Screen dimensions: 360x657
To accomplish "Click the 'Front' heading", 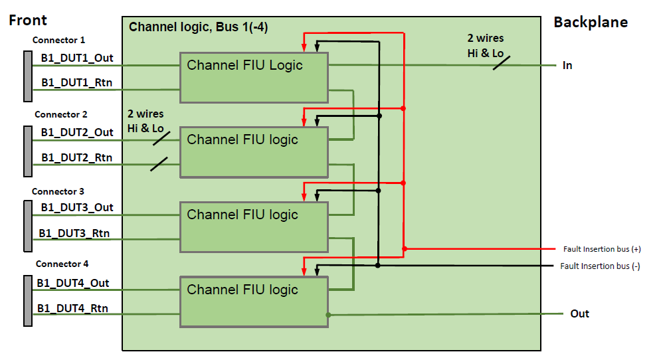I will [x=28, y=21].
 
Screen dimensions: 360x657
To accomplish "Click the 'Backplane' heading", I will [x=590, y=23].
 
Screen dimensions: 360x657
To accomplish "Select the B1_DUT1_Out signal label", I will [x=77, y=58].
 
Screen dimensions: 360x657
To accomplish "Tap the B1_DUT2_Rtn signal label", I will [x=76, y=157].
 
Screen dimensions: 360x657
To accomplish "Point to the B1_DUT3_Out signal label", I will [x=76, y=207].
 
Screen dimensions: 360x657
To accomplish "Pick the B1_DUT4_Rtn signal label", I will [x=72, y=308].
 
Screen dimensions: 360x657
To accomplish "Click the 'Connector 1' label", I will [x=59, y=41].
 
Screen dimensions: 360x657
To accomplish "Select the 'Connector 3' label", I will [x=58, y=191].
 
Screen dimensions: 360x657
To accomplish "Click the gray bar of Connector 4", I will [x=28, y=301].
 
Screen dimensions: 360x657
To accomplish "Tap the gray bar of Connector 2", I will [x=28, y=150].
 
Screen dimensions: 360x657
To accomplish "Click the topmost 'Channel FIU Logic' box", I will [x=254, y=78].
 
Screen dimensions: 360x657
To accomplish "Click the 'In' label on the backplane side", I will [x=567, y=65].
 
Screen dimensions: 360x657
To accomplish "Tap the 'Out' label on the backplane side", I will [x=579, y=314].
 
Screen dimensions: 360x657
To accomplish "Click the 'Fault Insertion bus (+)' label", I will [x=602, y=249].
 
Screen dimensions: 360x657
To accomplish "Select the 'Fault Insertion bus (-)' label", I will [x=600, y=266].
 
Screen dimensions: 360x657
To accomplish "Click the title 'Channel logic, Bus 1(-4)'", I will [x=198, y=27].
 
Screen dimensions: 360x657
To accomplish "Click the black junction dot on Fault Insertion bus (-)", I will [x=378, y=265].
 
